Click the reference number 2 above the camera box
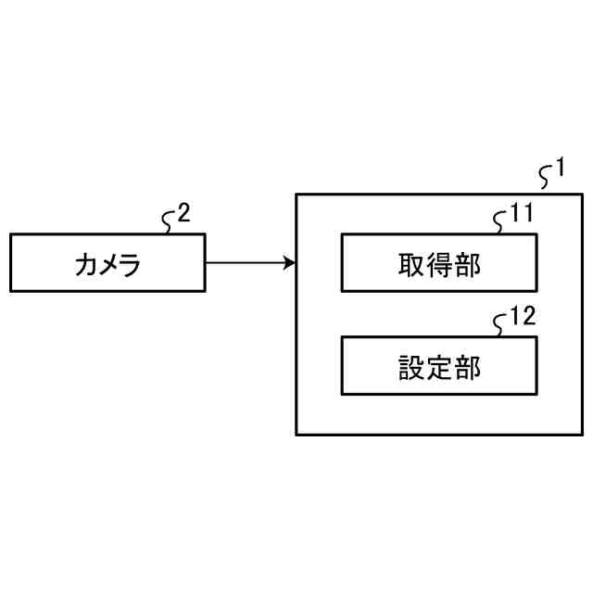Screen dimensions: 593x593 (x=183, y=214)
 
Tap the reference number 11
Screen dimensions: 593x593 (x=522, y=215)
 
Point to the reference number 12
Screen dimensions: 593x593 (x=522, y=318)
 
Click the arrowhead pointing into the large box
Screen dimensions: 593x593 (x=290, y=263)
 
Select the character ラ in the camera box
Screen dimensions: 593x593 (x=130, y=265)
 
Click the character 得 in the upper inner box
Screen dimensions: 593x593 (x=440, y=265)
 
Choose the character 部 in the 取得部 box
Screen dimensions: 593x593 (x=467, y=265)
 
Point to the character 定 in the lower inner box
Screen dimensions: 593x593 (x=440, y=368)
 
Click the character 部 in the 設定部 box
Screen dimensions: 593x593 (x=467, y=368)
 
